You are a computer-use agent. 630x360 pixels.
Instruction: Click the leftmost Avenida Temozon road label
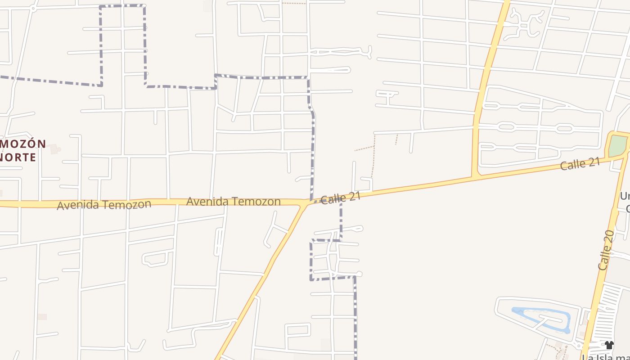tap(104, 205)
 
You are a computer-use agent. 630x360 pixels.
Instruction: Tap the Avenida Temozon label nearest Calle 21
tap(233, 201)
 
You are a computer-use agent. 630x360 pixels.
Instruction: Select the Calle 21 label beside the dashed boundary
tap(341, 198)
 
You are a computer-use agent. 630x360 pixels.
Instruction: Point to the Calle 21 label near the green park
tap(580, 164)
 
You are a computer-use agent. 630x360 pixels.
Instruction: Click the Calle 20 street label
tap(606, 250)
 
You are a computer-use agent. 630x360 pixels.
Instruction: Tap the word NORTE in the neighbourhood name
tap(18, 157)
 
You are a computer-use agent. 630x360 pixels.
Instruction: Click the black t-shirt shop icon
tap(609, 345)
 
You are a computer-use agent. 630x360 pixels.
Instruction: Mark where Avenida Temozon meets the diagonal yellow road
tap(305, 205)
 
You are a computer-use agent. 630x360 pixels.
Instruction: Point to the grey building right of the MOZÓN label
tap(54, 148)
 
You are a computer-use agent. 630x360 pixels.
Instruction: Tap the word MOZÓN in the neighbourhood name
tap(22, 144)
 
